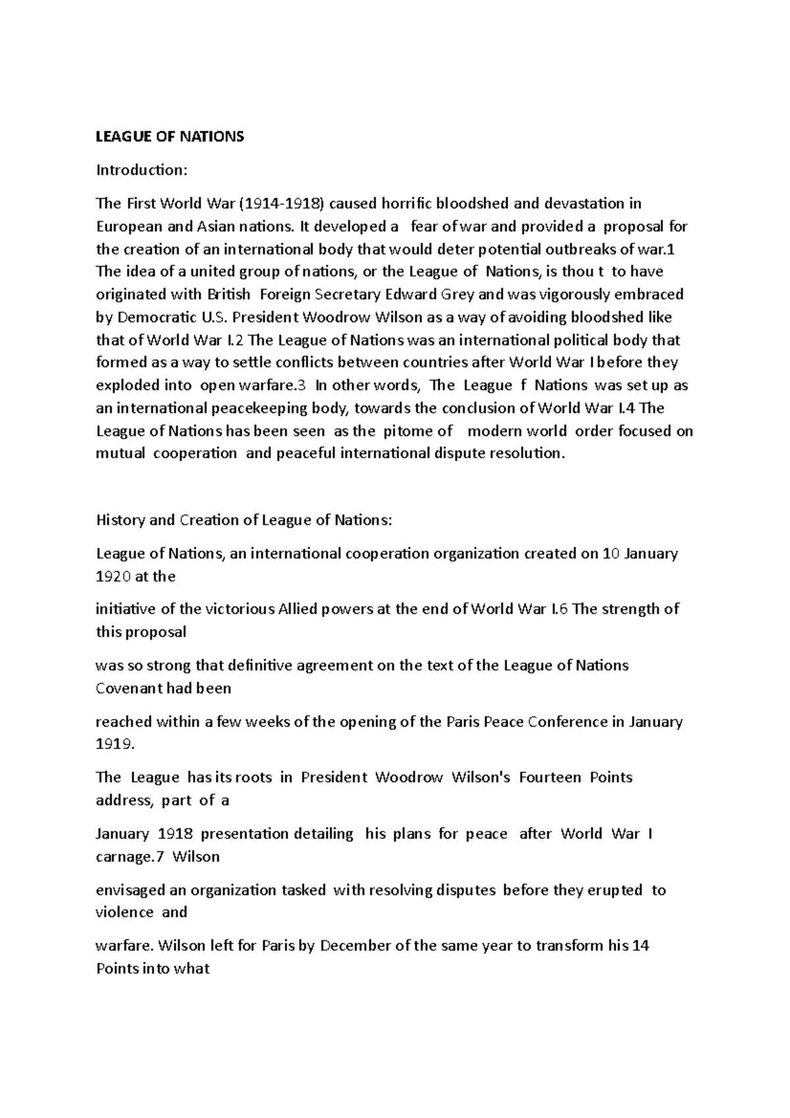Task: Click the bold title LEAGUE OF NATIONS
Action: (170, 136)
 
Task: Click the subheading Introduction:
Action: (142, 170)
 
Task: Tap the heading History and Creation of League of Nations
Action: (244, 520)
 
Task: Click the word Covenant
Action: (130, 689)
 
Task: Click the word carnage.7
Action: (128, 857)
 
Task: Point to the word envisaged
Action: (131, 890)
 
